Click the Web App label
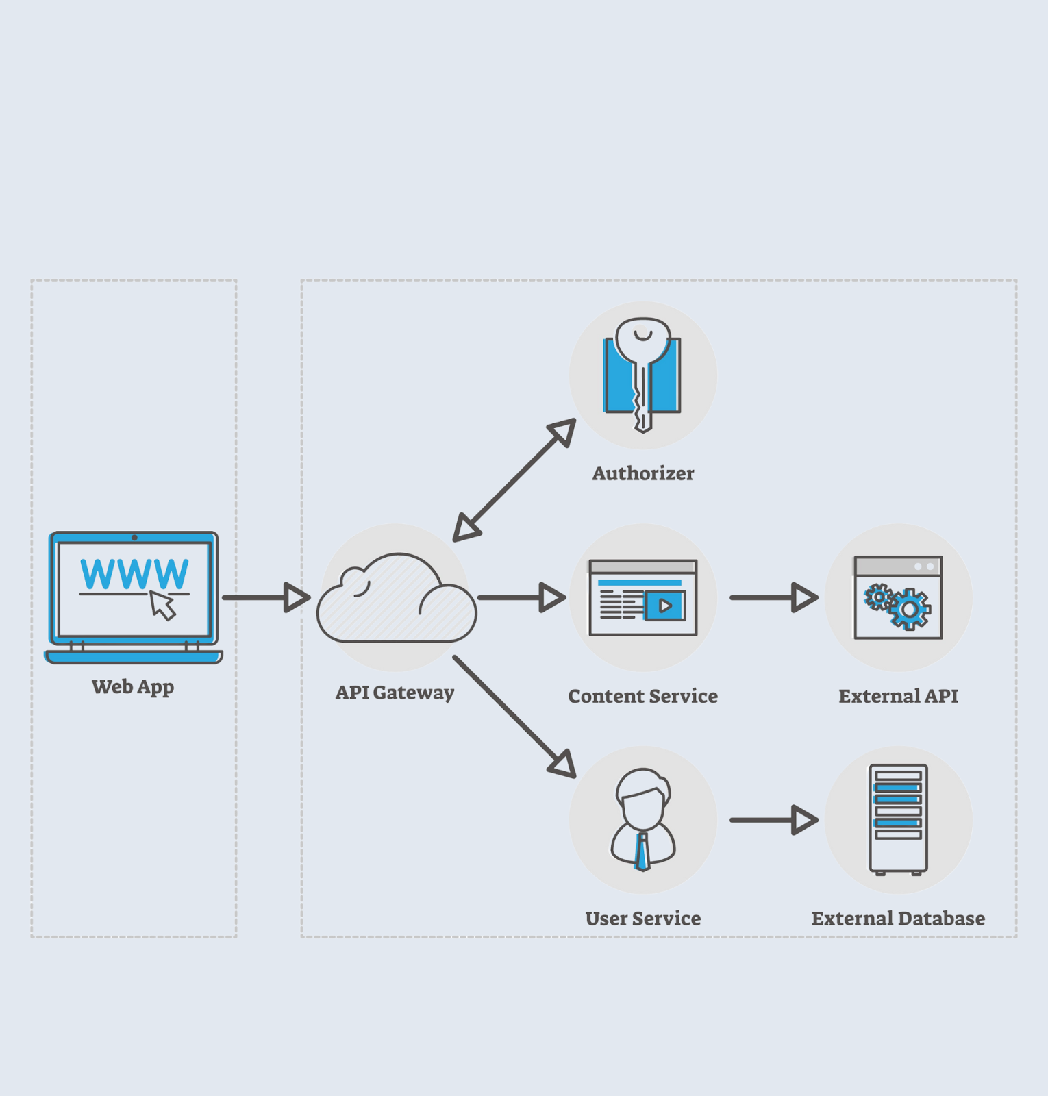133,686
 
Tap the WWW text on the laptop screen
134,574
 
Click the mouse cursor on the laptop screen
163,606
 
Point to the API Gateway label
395,693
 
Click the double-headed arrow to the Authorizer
514,480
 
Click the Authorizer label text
642,473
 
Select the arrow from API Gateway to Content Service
521,597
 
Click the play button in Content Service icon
664,606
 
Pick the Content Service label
642,696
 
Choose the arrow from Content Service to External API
774,597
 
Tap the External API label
898,696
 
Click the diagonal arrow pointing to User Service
514,717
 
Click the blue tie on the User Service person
642,852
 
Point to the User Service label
642,919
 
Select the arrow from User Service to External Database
774,820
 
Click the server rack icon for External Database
898,819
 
